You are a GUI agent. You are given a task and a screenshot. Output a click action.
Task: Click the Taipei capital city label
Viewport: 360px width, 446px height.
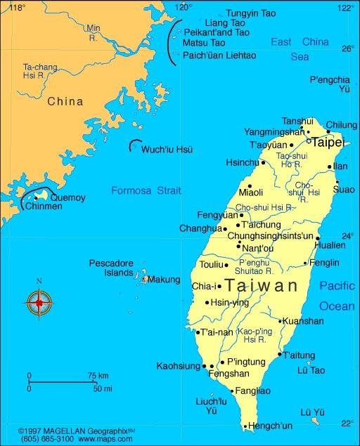[328, 143]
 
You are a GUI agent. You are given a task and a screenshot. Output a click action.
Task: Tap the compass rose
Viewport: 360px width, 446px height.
[39, 303]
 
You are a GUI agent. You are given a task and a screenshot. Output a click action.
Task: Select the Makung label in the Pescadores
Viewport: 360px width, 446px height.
[164, 280]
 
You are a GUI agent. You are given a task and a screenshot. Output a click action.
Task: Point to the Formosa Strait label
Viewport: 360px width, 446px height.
[146, 190]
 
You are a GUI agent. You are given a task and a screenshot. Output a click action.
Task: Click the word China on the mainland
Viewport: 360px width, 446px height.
[65, 102]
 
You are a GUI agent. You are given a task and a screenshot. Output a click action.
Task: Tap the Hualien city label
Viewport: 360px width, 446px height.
[330, 246]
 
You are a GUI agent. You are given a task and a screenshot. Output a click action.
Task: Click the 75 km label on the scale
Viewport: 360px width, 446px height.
[98, 376]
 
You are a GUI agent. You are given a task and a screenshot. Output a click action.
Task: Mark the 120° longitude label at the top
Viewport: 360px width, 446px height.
[183, 7]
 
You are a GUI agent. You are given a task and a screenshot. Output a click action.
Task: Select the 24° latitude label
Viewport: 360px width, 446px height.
[347, 235]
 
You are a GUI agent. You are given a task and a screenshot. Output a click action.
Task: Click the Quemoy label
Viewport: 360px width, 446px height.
[68, 198]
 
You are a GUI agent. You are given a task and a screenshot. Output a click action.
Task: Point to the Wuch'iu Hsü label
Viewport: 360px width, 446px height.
[167, 150]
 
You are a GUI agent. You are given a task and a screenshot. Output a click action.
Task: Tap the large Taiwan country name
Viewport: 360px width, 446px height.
[262, 286]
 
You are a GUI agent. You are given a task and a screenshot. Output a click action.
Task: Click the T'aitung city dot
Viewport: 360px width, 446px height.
[279, 355]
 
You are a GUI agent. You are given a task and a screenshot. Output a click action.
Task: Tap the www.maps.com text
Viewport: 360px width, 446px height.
[102, 439]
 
